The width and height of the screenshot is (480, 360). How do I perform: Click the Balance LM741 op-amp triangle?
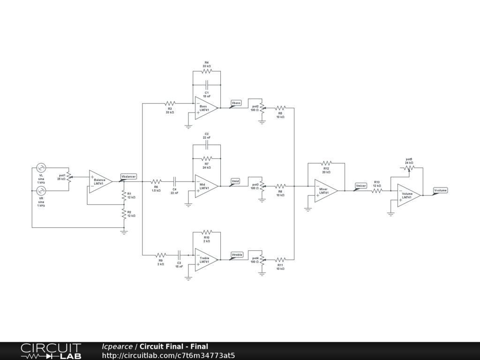[x=99, y=181]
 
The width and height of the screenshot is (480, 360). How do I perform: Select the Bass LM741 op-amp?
[x=205, y=108]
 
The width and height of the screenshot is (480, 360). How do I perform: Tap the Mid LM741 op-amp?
[x=205, y=186]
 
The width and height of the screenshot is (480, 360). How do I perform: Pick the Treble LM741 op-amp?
[x=205, y=260]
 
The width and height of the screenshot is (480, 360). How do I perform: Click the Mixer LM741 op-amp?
[x=325, y=190]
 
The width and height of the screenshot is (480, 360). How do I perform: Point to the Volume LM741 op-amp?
[x=408, y=195]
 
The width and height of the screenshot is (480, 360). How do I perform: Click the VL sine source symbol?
[x=41, y=167]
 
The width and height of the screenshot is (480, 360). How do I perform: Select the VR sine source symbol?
[x=41, y=191]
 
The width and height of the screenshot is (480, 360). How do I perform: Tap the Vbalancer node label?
[x=128, y=176]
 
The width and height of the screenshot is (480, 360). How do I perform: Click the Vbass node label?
[x=236, y=102]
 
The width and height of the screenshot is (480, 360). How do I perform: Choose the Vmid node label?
[x=236, y=180]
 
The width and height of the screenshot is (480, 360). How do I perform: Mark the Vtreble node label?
[x=237, y=254]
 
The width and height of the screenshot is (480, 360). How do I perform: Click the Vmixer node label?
[x=360, y=186]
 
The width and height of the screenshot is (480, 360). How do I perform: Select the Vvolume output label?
[x=440, y=190]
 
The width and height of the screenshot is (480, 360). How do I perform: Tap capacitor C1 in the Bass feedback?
[x=206, y=85]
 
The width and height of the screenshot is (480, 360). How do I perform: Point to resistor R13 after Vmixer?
[x=377, y=190]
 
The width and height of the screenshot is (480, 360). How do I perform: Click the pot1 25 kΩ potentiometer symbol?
[x=69, y=177]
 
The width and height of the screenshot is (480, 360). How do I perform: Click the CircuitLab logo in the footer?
[x=51, y=351]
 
